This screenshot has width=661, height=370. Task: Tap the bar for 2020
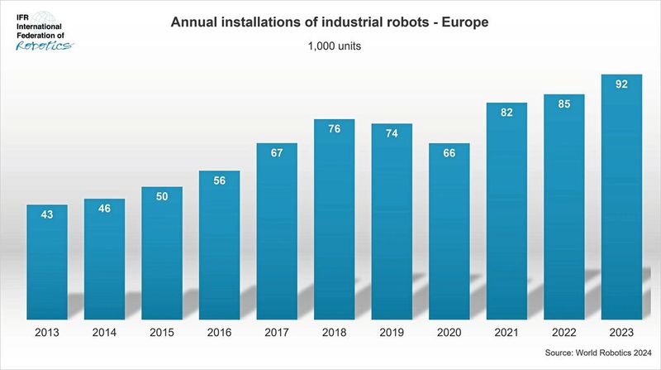tap(449, 232)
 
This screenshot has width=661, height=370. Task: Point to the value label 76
tap(334, 128)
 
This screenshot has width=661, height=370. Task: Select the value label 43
tap(47, 214)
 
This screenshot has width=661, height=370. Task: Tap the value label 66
tap(449, 153)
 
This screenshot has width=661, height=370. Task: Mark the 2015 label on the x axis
tap(162, 334)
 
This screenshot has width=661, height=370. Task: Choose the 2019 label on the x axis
tap(392, 334)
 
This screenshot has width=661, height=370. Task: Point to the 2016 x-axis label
tap(219, 334)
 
